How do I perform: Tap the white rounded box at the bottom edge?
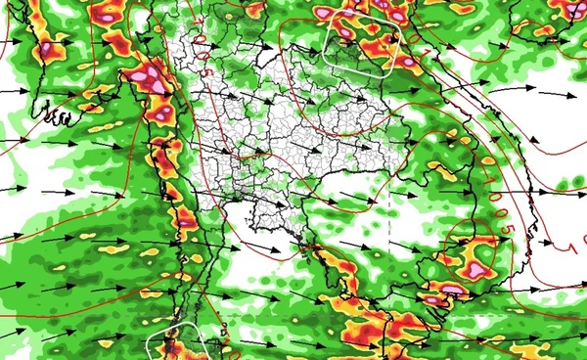tap(176, 344)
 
